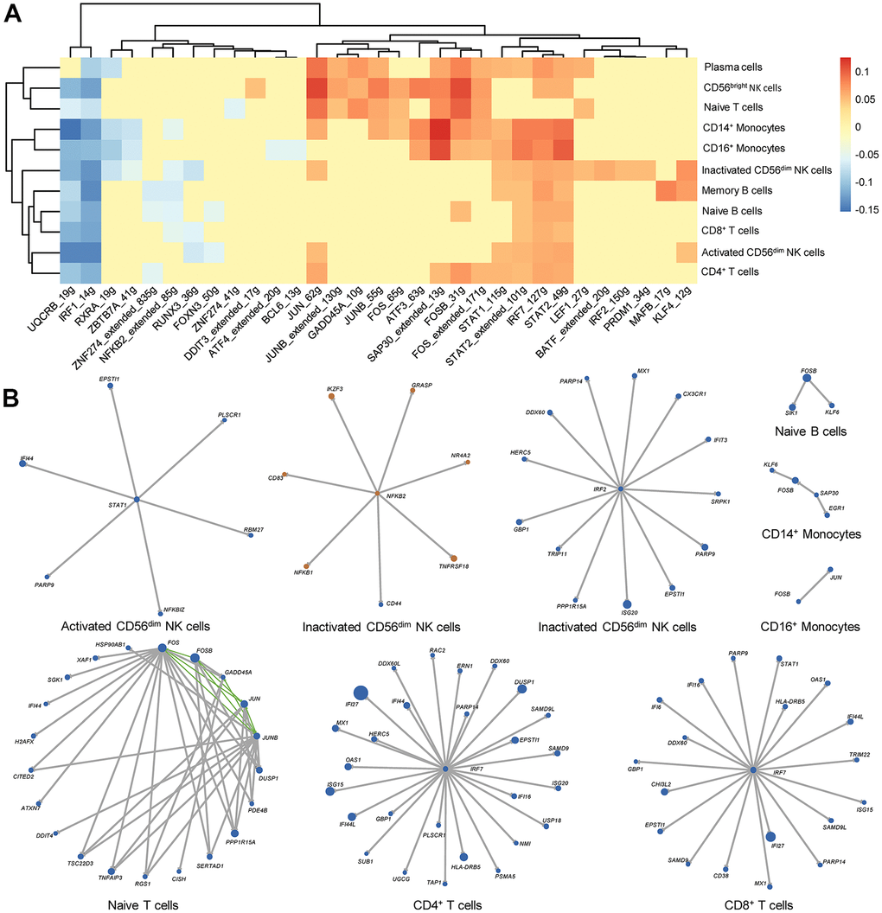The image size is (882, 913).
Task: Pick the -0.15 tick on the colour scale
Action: [865, 208]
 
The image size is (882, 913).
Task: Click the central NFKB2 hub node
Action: [377, 494]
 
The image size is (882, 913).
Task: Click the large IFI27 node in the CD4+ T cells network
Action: [359, 691]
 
